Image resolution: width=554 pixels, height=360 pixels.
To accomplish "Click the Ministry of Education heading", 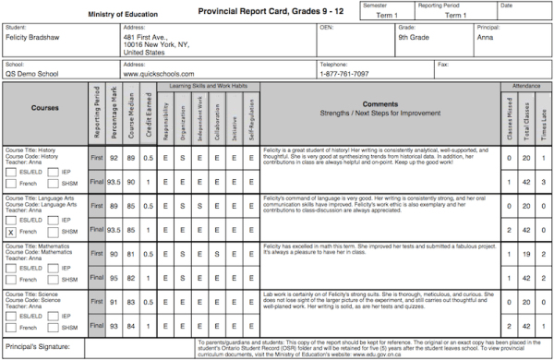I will click(x=127, y=14).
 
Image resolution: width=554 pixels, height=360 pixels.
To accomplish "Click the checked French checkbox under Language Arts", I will click(x=11, y=232).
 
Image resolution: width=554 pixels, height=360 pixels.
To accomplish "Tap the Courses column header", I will click(x=44, y=107).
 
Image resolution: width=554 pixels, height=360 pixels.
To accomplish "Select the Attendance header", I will click(x=526, y=84).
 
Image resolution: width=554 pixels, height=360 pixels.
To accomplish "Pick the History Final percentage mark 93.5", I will click(x=114, y=183).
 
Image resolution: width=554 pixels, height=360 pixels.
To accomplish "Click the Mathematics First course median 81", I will click(x=133, y=254).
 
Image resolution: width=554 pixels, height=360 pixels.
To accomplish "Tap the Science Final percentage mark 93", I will click(x=114, y=326).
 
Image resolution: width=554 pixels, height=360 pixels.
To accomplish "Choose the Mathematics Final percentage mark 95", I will click(x=114, y=278).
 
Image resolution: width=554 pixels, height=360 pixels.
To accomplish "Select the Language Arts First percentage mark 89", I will click(x=114, y=207).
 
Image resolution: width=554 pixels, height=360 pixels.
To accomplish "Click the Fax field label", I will click(x=444, y=65).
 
